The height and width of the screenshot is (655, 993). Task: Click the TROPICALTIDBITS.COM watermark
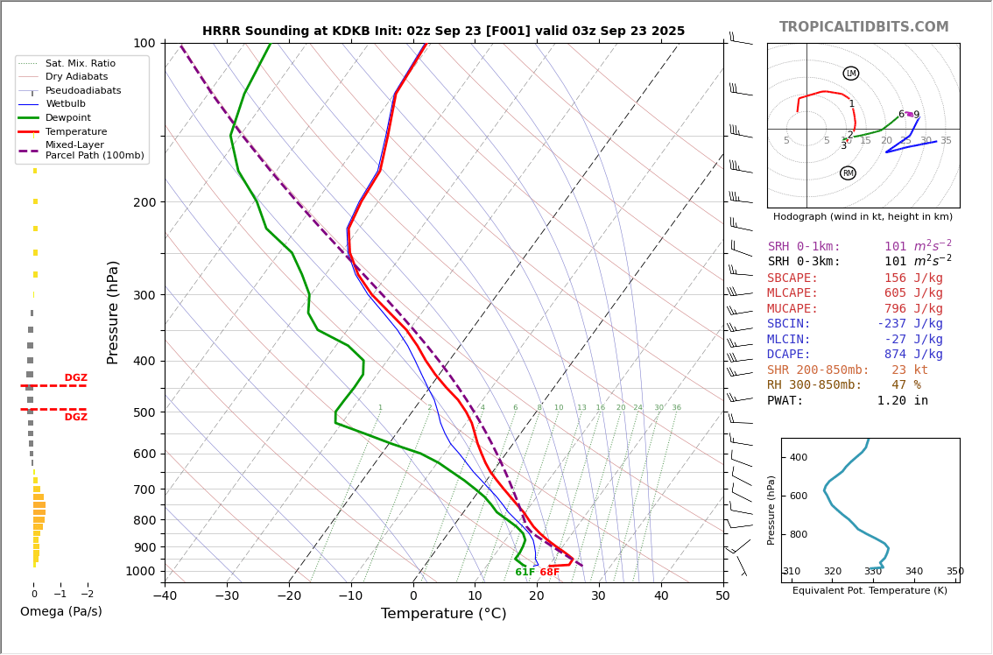(x=863, y=27)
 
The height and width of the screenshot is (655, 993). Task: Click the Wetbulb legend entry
(x=66, y=104)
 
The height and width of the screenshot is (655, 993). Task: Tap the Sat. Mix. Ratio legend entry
(x=81, y=64)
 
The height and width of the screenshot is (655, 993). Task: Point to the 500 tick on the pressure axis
(x=144, y=412)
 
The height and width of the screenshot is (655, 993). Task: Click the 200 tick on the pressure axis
(x=144, y=202)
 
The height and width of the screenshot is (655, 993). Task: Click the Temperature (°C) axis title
(x=443, y=614)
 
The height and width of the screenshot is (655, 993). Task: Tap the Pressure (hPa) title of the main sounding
(x=114, y=312)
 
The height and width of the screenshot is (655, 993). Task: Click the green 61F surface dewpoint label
(x=525, y=573)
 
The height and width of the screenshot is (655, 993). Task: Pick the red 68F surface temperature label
(x=549, y=573)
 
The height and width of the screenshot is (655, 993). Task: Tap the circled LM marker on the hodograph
(x=851, y=74)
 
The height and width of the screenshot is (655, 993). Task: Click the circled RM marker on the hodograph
(x=848, y=173)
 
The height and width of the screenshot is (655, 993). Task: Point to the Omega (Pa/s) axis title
(x=60, y=612)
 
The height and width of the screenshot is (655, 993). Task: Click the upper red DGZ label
(x=75, y=378)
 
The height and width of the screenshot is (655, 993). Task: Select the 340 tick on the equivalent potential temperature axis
(x=913, y=572)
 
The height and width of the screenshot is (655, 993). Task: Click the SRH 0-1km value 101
(x=895, y=247)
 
